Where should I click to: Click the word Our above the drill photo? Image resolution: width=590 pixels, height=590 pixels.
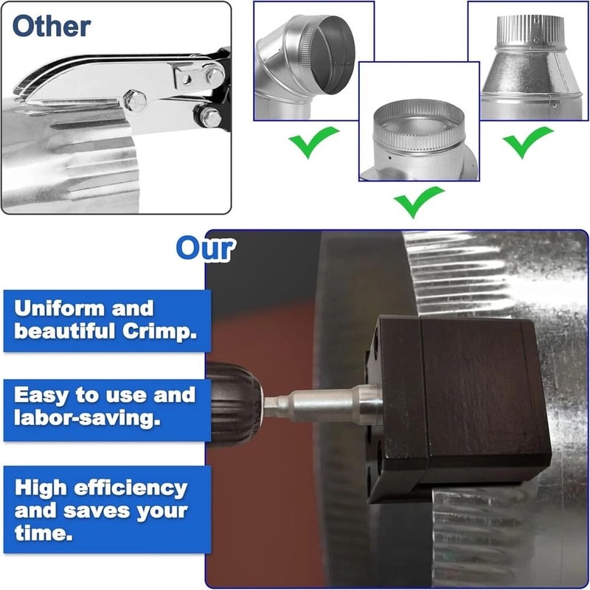point(205,249)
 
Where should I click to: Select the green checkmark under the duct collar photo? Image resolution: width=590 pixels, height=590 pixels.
point(419,201)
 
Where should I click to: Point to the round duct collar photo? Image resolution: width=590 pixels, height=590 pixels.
point(418,140)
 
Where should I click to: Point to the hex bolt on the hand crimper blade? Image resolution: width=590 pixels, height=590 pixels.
point(135,101)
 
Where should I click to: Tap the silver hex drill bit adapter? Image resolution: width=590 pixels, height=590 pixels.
point(324,405)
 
